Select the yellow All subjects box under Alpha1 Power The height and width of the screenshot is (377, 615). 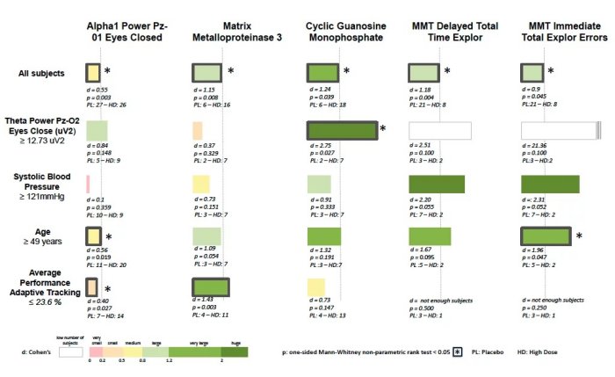[92, 73]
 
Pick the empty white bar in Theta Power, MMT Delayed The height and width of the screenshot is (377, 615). [440, 131]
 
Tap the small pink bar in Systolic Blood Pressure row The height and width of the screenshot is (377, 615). [88, 185]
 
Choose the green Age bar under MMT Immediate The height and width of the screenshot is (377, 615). [546, 236]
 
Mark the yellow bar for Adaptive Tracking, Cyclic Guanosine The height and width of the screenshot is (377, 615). [316, 287]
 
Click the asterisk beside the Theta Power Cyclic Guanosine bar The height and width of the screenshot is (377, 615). [383, 129]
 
